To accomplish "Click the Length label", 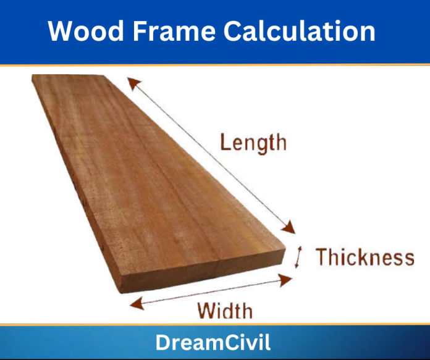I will click(253, 143).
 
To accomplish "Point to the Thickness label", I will click(365, 257).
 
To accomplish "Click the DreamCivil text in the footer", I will click(213, 343).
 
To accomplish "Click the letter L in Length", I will click(227, 143).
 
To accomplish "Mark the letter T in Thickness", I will click(322, 257).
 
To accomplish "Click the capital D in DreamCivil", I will click(162, 343).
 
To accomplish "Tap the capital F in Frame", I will click(140, 30).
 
